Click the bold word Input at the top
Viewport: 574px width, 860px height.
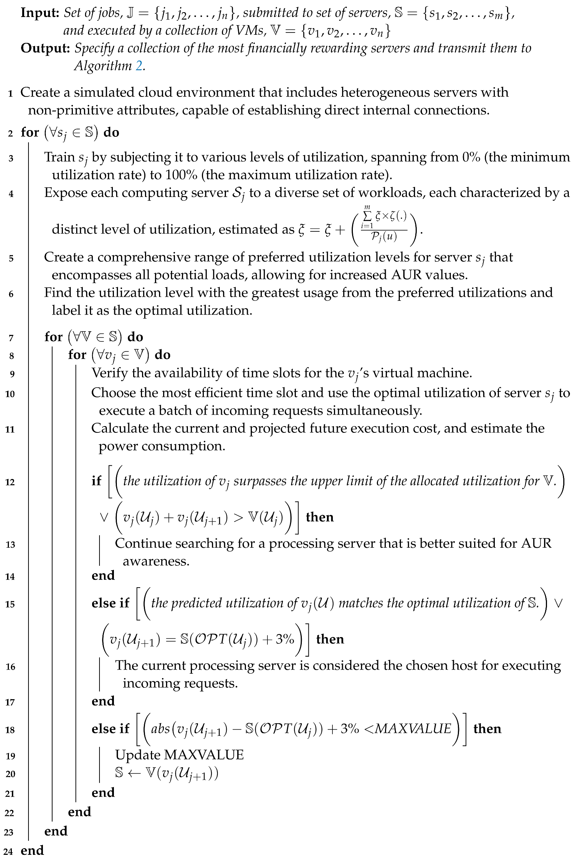pos(40,13)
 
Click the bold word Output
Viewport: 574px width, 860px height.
pos(45,48)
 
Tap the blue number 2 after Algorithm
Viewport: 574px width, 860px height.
pos(139,66)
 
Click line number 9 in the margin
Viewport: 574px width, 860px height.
pos(12,374)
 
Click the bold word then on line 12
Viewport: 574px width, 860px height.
pos(320,517)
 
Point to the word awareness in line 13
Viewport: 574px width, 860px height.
pos(156,561)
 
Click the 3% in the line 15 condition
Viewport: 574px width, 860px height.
pos(285,639)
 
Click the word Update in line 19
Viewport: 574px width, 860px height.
pos(137,755)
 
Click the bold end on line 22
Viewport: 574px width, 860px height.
pos(80,812)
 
